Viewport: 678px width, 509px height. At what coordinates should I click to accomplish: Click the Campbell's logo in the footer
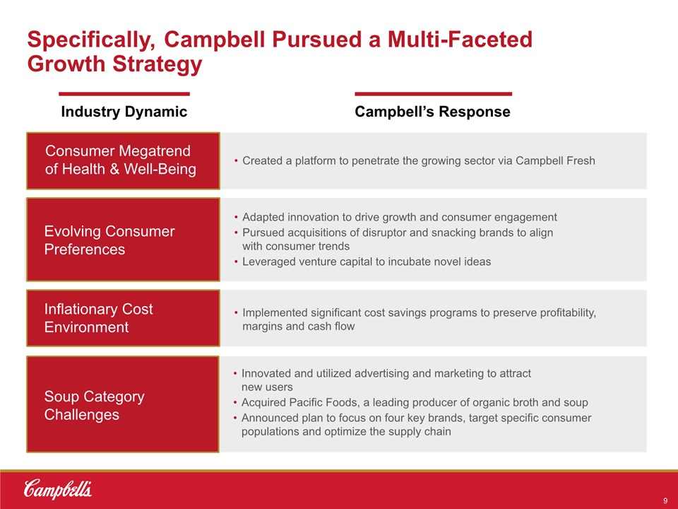click(57, 489)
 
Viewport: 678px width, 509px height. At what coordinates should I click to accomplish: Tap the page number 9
click(665, 501)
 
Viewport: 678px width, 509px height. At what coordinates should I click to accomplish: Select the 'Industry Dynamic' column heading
click(124, 112)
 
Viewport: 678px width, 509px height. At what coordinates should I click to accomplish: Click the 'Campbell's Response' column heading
click(432, 112)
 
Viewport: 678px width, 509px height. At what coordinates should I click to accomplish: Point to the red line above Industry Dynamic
click(124, 93)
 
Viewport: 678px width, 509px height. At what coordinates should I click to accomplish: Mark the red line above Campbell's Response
click(433, 93)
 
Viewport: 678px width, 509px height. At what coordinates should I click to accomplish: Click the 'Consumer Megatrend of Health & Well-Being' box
click(123, 160)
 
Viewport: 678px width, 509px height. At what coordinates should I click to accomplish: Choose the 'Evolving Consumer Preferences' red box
click(123, 240)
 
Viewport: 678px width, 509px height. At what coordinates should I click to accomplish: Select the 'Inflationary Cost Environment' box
click(123, 318)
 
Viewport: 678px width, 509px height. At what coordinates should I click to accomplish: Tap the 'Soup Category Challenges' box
click(123, 404)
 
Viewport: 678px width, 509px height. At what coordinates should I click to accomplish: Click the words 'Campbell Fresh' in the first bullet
click(555, 160)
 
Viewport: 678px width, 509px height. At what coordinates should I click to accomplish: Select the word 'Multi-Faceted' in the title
click(460, 39)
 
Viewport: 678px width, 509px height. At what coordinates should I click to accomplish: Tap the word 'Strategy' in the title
click(157, 64)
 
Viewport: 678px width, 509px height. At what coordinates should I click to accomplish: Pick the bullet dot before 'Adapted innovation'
click(236, 217)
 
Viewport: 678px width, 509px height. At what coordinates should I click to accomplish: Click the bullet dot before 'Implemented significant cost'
click(236, 313)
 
